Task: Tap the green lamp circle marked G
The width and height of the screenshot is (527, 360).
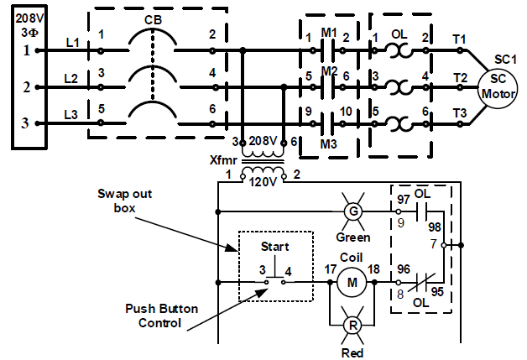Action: coord(353,211)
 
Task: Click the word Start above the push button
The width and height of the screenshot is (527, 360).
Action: coord(274,247)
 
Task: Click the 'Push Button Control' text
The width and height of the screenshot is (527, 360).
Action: coord(163,316)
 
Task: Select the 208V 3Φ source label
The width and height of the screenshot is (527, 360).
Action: coord(26,22)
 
